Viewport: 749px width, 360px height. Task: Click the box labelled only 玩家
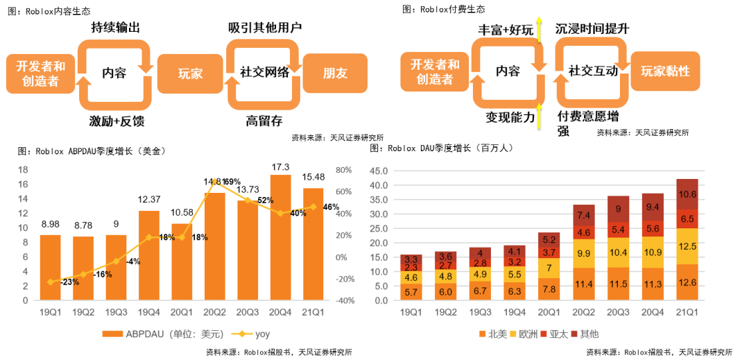[189, 73]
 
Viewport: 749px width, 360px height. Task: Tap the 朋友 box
[335, 73]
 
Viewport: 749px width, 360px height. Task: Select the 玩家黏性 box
[664, 71]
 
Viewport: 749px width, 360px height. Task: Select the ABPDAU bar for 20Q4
[280, 237]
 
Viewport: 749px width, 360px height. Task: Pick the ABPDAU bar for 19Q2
[83, 268]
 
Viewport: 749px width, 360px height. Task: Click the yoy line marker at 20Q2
[215, 182]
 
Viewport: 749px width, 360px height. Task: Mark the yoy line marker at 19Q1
[51, 282]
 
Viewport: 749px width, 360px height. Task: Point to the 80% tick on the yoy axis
[345, 170]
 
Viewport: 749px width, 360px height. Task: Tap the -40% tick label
[345, 300]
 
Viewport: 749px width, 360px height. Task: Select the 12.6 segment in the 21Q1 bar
[687, 282]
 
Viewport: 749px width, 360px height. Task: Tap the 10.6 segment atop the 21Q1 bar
[687, 194]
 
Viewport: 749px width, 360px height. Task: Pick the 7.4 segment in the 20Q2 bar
[584, 216]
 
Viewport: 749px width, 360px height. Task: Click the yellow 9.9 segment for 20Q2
[584, 254]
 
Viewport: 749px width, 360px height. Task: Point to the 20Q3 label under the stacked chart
[618, 313]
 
